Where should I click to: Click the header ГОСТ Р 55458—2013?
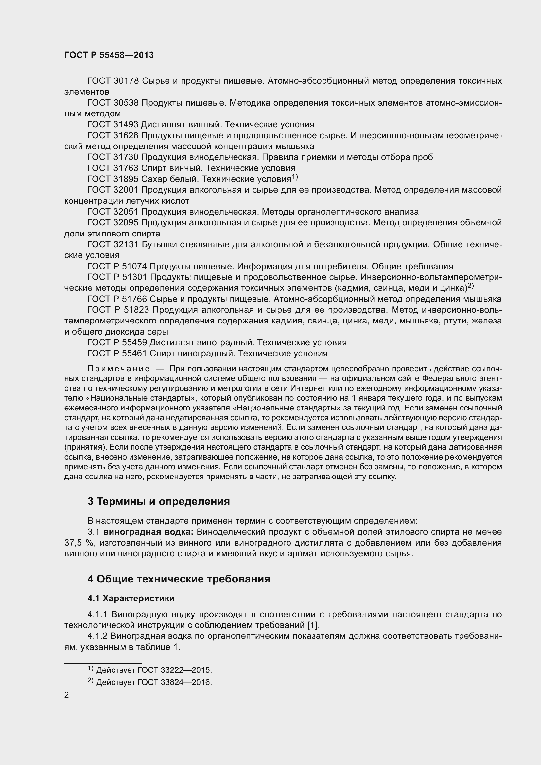point(109,55)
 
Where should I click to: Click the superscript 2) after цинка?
point(470,286)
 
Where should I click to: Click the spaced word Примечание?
point(118,369)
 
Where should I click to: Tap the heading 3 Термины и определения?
point(159,501)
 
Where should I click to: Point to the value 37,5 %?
point(78,543)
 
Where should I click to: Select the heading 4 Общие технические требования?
point(179,579)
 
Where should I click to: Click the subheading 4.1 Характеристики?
point(131,599)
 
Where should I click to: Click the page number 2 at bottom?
point(67,695)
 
